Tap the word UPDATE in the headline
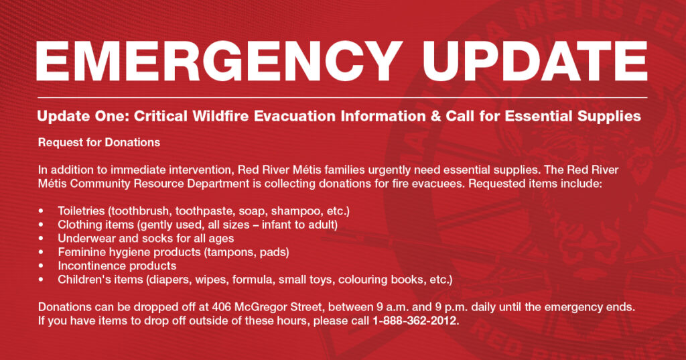pyautogui.click(x=535, y=60)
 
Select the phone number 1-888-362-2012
pyautogui.click(x=414, y=320)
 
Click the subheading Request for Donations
pyautogui.click(x=99, y=142)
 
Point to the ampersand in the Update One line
pyautogui.click(x=435, y=116)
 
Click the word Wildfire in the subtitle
pyautogui.click(x=221, y=116)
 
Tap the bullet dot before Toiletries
pyautogui.click(x=41, y=211)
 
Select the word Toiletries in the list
pyautogui.click(x=81, y=211)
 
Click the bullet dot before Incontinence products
pyautogui.click(x=41, y=266)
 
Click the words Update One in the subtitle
pyautogui.click(x=84, y=116)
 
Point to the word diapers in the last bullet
pyautogui.click(x=169, y=280)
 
